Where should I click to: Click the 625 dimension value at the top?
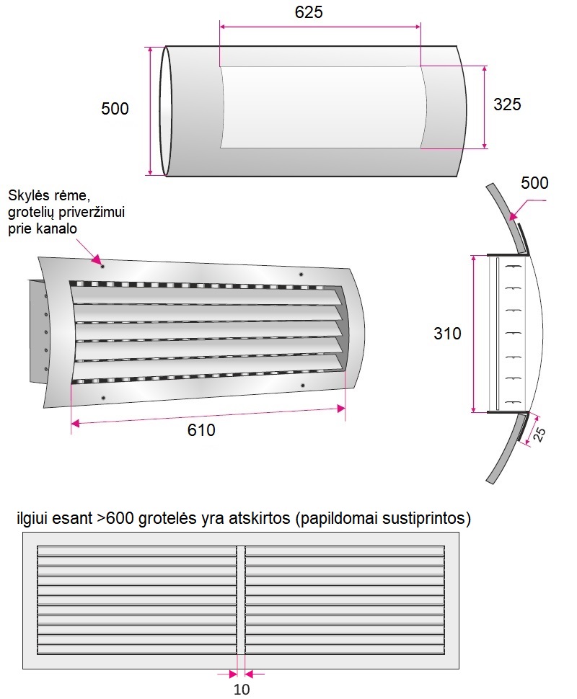(x=309, y=12)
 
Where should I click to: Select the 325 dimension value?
(x=507, y=104)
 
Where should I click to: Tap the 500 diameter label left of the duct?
(x=115, y=108)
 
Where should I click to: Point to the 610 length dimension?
(x=201, y=429)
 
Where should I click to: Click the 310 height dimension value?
(x=447, y=334)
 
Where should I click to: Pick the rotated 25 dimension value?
(x=539, y=435)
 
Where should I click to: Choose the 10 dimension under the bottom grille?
(x=242, y=689)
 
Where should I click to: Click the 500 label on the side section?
(x=534, y=183)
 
